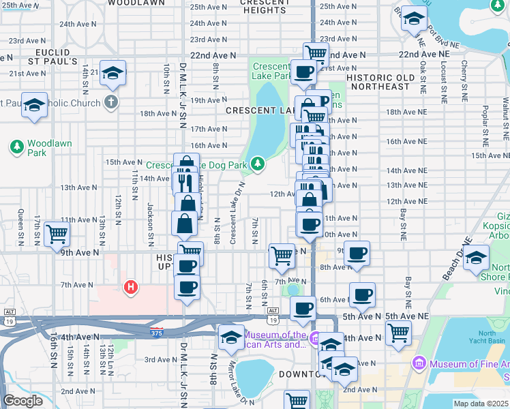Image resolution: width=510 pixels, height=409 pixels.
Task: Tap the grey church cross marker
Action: [x=112, y=103]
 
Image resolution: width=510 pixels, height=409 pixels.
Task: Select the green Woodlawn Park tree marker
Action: [x=16, y=146]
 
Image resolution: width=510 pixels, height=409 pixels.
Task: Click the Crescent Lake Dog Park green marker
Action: [x=257, y=163]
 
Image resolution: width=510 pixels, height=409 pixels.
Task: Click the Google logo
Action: [x=23, y=401]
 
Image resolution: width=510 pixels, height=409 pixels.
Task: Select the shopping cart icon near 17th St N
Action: [x=57, y=234]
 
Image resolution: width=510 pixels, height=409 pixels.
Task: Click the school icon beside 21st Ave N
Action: [x=113, y=72]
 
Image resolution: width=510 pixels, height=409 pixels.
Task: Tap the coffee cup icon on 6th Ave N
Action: [x=362, y=294]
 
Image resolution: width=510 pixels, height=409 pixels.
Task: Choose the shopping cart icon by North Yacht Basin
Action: [x=398, y=333]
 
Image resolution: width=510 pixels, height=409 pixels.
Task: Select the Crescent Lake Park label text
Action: [x=273, y=71]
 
